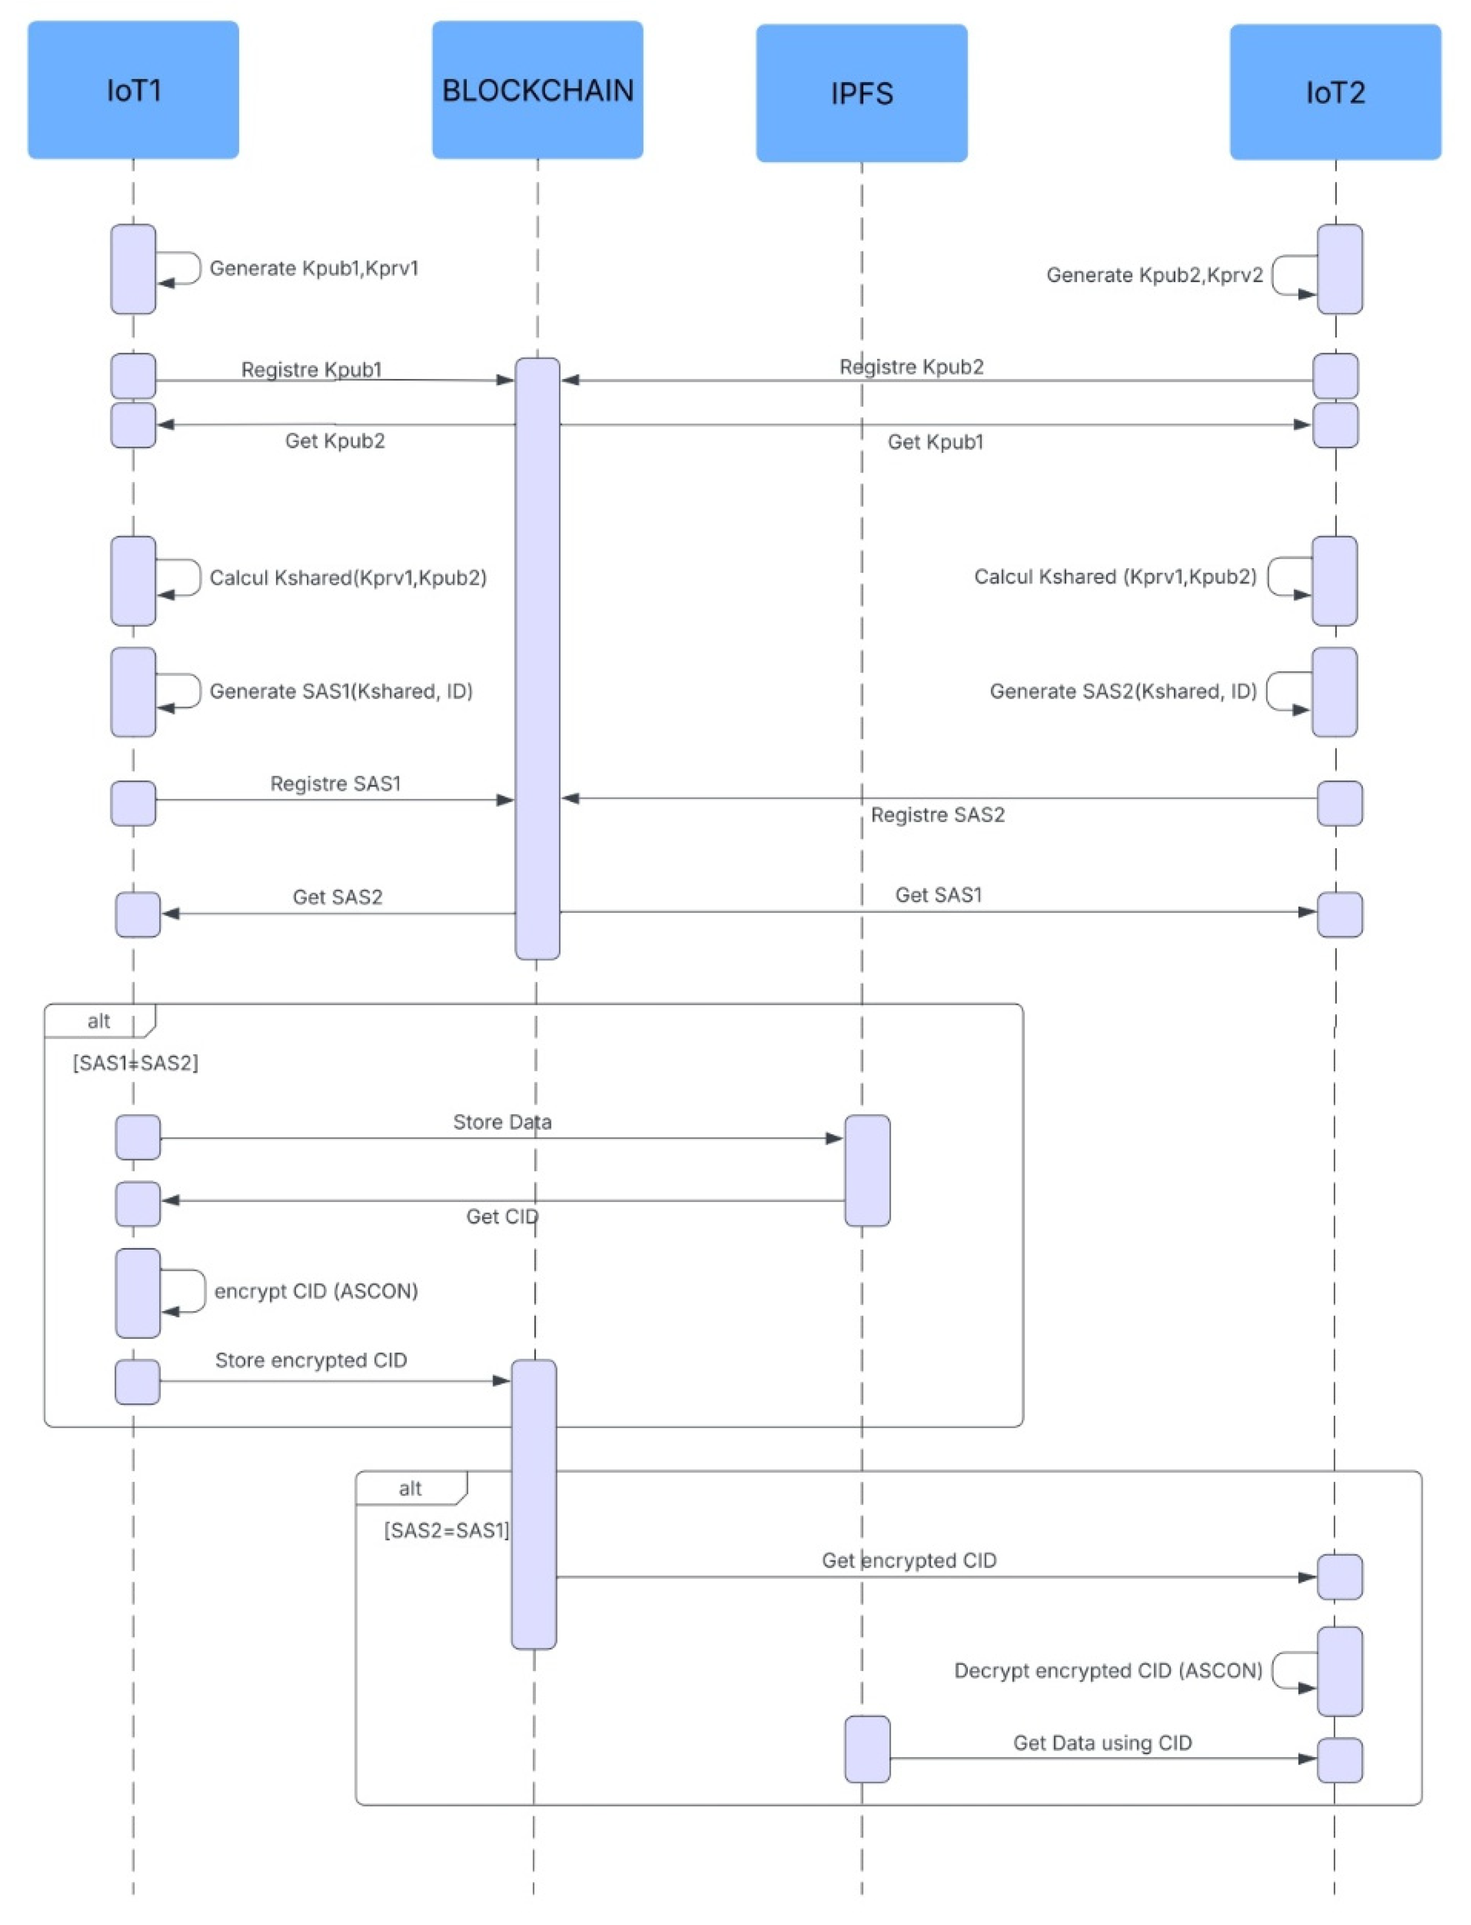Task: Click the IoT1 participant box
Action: (133, 90)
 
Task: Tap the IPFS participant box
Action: (861, 93)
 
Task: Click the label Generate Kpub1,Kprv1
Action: (314, 268)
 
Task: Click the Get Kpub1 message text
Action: (935, 442)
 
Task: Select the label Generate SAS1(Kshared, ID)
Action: (341, 691)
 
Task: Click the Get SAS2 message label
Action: (337, 896)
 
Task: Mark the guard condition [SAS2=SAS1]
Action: (446, 1530)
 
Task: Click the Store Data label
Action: (502, 1122)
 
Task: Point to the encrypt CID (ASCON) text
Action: (315, 1291)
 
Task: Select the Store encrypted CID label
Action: (311, 1360)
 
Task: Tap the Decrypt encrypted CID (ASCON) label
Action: (1108, 1670)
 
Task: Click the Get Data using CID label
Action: (1102, 1743)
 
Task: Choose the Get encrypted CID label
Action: (909, 1560)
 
